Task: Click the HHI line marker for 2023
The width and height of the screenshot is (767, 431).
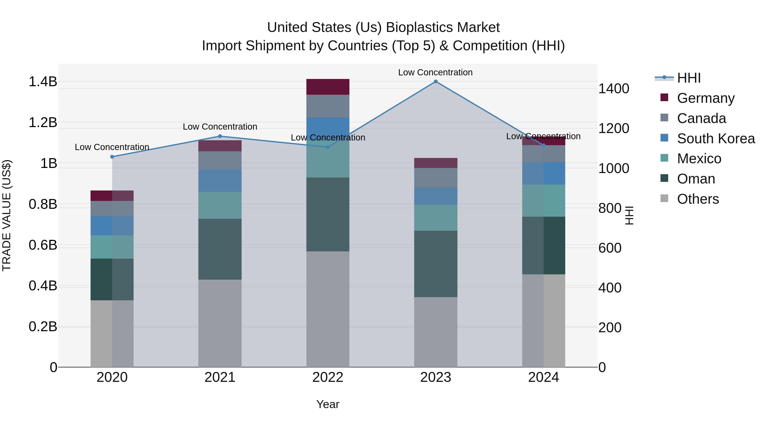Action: pyautogui.click(x=436, y=82)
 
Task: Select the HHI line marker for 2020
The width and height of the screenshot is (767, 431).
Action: pyautogui.click(x=112, y=157)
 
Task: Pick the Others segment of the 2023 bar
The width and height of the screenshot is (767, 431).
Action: pyautogui.click(x=436, y=332)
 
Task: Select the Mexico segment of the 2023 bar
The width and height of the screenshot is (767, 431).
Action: pyautogui.click(x=436, y=218)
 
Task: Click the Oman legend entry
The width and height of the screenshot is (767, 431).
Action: pyautogui.click(x=696, y=179)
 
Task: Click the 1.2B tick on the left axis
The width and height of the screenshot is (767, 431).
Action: pyautogui.click(x=43, y=123)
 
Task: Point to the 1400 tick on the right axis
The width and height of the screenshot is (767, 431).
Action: pyautogui.click(x=614, y=89)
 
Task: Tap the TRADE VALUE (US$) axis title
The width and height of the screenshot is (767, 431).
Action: pyautogui.click(x=7, y=215)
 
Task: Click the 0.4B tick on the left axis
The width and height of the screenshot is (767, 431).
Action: pyautogui.click(x=43, y=286)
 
